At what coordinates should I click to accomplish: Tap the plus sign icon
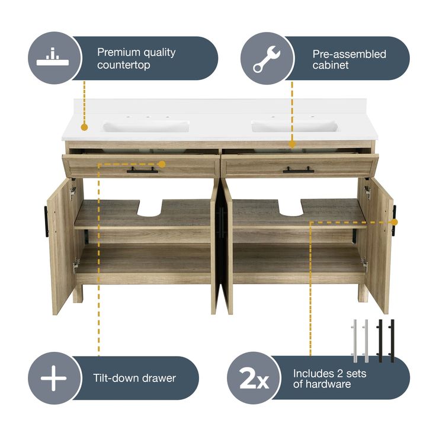point(54,378)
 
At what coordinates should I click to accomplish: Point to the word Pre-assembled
point(350,54)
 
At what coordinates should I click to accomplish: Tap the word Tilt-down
point(115,378)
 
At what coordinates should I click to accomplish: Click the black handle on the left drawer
point(142,170)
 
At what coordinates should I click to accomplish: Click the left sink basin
point(146,126)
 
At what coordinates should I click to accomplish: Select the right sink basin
point(295,126)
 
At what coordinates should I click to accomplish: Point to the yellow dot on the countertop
point(84,127)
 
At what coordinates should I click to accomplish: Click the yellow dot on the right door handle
point(394,222)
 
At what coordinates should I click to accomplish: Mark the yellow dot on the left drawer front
point(162,164)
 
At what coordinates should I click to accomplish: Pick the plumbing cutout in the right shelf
point(290,207)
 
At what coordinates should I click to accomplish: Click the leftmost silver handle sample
point(355,341)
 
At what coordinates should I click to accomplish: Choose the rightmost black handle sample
point(392,341)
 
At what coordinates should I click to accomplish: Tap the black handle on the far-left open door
point(46,222)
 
